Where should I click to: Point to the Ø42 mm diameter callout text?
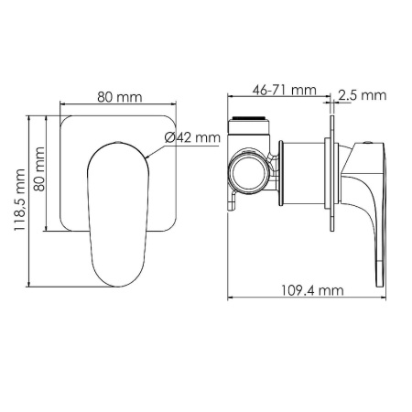pyautogui.click(x=193, y=137)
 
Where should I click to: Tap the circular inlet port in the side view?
pyautogui.click(x=247, y=170)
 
